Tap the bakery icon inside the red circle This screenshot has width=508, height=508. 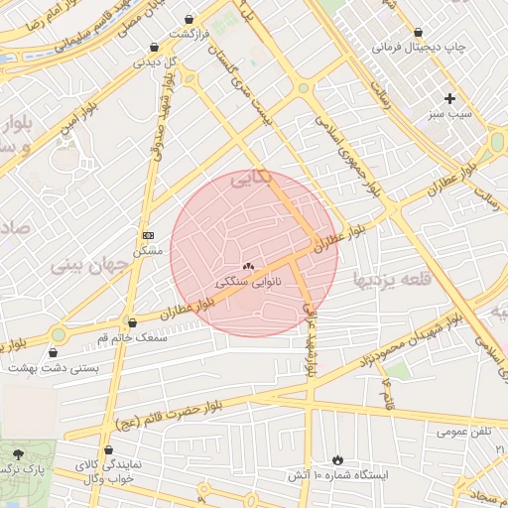tap(248, 266)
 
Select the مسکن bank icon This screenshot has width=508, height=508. tap(149, 235)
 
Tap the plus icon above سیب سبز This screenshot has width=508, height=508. tap(450, 98)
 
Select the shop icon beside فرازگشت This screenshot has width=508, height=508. tap(190, 19)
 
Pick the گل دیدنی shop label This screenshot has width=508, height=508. tap(155, 63)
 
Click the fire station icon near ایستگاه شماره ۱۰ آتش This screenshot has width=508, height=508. tap(337, 459)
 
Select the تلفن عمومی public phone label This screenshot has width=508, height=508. tap(436, 432)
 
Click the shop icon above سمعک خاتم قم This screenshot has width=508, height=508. tap(132, 322)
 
